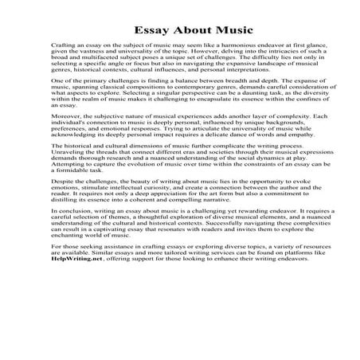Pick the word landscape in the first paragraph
pos(274,69)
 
